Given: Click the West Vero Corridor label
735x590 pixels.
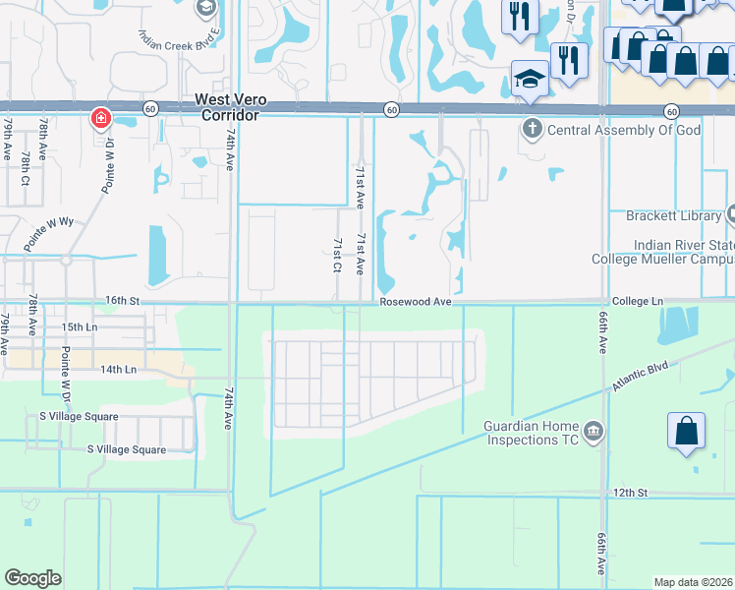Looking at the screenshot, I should click(226, 106).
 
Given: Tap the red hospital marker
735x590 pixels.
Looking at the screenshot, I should click(100, 120).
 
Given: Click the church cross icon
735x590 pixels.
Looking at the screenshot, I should click(532, 128).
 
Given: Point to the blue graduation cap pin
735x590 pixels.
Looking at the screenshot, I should click(529, 80).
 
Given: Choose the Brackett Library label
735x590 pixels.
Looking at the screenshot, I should click(673, 215).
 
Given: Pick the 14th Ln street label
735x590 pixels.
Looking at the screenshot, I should click(116, 369).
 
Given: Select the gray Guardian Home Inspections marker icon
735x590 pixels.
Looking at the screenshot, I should click(594, 431).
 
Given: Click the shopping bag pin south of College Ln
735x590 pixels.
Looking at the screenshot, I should click(686, 432).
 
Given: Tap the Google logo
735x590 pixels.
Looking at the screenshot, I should click(33, 578).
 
